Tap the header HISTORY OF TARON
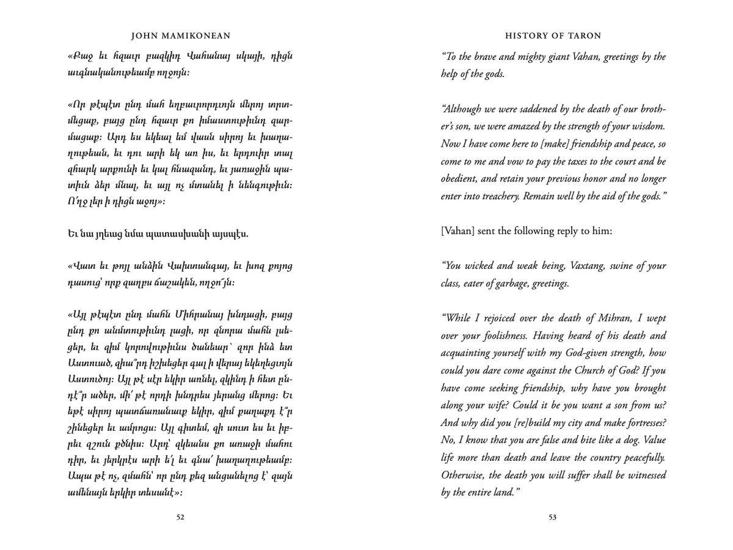(x=553, y=35)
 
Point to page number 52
(x=180, y=517)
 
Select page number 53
(x=552, y=517)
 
